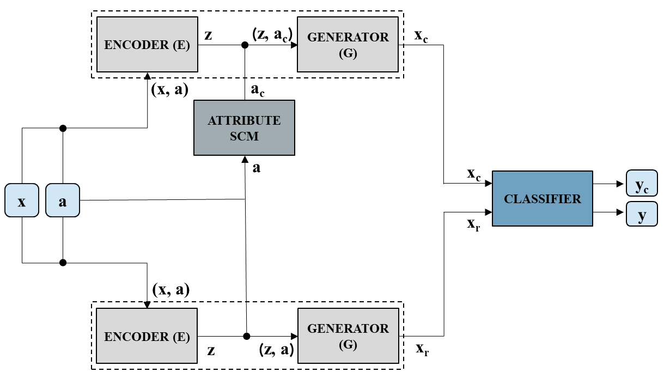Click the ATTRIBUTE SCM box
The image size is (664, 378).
[244, 128]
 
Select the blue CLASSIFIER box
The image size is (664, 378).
[543, 198]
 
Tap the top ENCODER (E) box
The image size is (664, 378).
[147, 44]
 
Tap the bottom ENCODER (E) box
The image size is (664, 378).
[147, 336]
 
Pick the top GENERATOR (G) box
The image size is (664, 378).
[348, 44]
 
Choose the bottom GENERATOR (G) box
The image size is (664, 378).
[348, 336]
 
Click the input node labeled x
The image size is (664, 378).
[22, 200]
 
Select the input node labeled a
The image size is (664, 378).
[63, 200]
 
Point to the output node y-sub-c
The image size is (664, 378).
[642, 183]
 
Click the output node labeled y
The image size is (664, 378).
[642, 214]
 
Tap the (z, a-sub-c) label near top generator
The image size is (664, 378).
[272, 35]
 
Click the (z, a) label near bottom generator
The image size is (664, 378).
[276, 350]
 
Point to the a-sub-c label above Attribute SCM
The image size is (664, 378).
[258, 90]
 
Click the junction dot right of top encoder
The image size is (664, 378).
[245, 45]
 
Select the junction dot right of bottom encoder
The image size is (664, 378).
[246, 336]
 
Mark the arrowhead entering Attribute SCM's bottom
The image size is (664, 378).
[245, 160]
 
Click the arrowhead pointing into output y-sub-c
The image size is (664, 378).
[620, 184]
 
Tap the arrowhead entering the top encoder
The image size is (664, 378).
[147, 76]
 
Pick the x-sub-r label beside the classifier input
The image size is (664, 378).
[473, 225]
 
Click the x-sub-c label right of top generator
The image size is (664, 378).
[421, 36]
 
